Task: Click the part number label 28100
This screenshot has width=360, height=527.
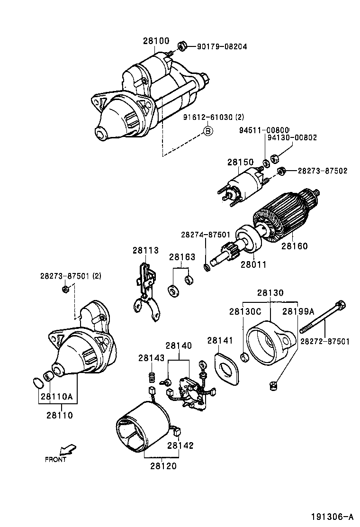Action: (156, 41)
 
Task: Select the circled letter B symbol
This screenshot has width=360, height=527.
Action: (208, 131)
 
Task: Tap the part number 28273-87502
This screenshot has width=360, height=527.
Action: (323, 171)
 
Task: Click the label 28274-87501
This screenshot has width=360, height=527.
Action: (205, 235)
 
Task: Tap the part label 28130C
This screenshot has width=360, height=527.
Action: (245, 311)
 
